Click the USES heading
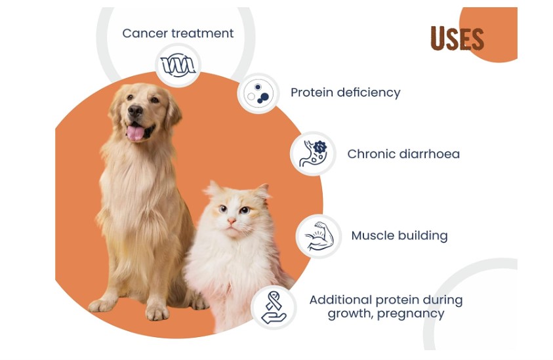[457, 39]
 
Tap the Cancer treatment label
[178, 33]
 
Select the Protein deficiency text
[345, 92]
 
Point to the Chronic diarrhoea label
[403, 154]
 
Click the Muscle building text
[399, 235]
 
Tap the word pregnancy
[411, 314]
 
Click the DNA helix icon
[178, 65]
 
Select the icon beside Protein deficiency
[258, 93]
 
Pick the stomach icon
[313, 153]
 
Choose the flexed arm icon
[319, 236]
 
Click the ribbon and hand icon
[274, 308]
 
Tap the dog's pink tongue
[135, 133]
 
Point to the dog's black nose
[135, 111]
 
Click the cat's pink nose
[232, 221]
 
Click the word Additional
[340, 300]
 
